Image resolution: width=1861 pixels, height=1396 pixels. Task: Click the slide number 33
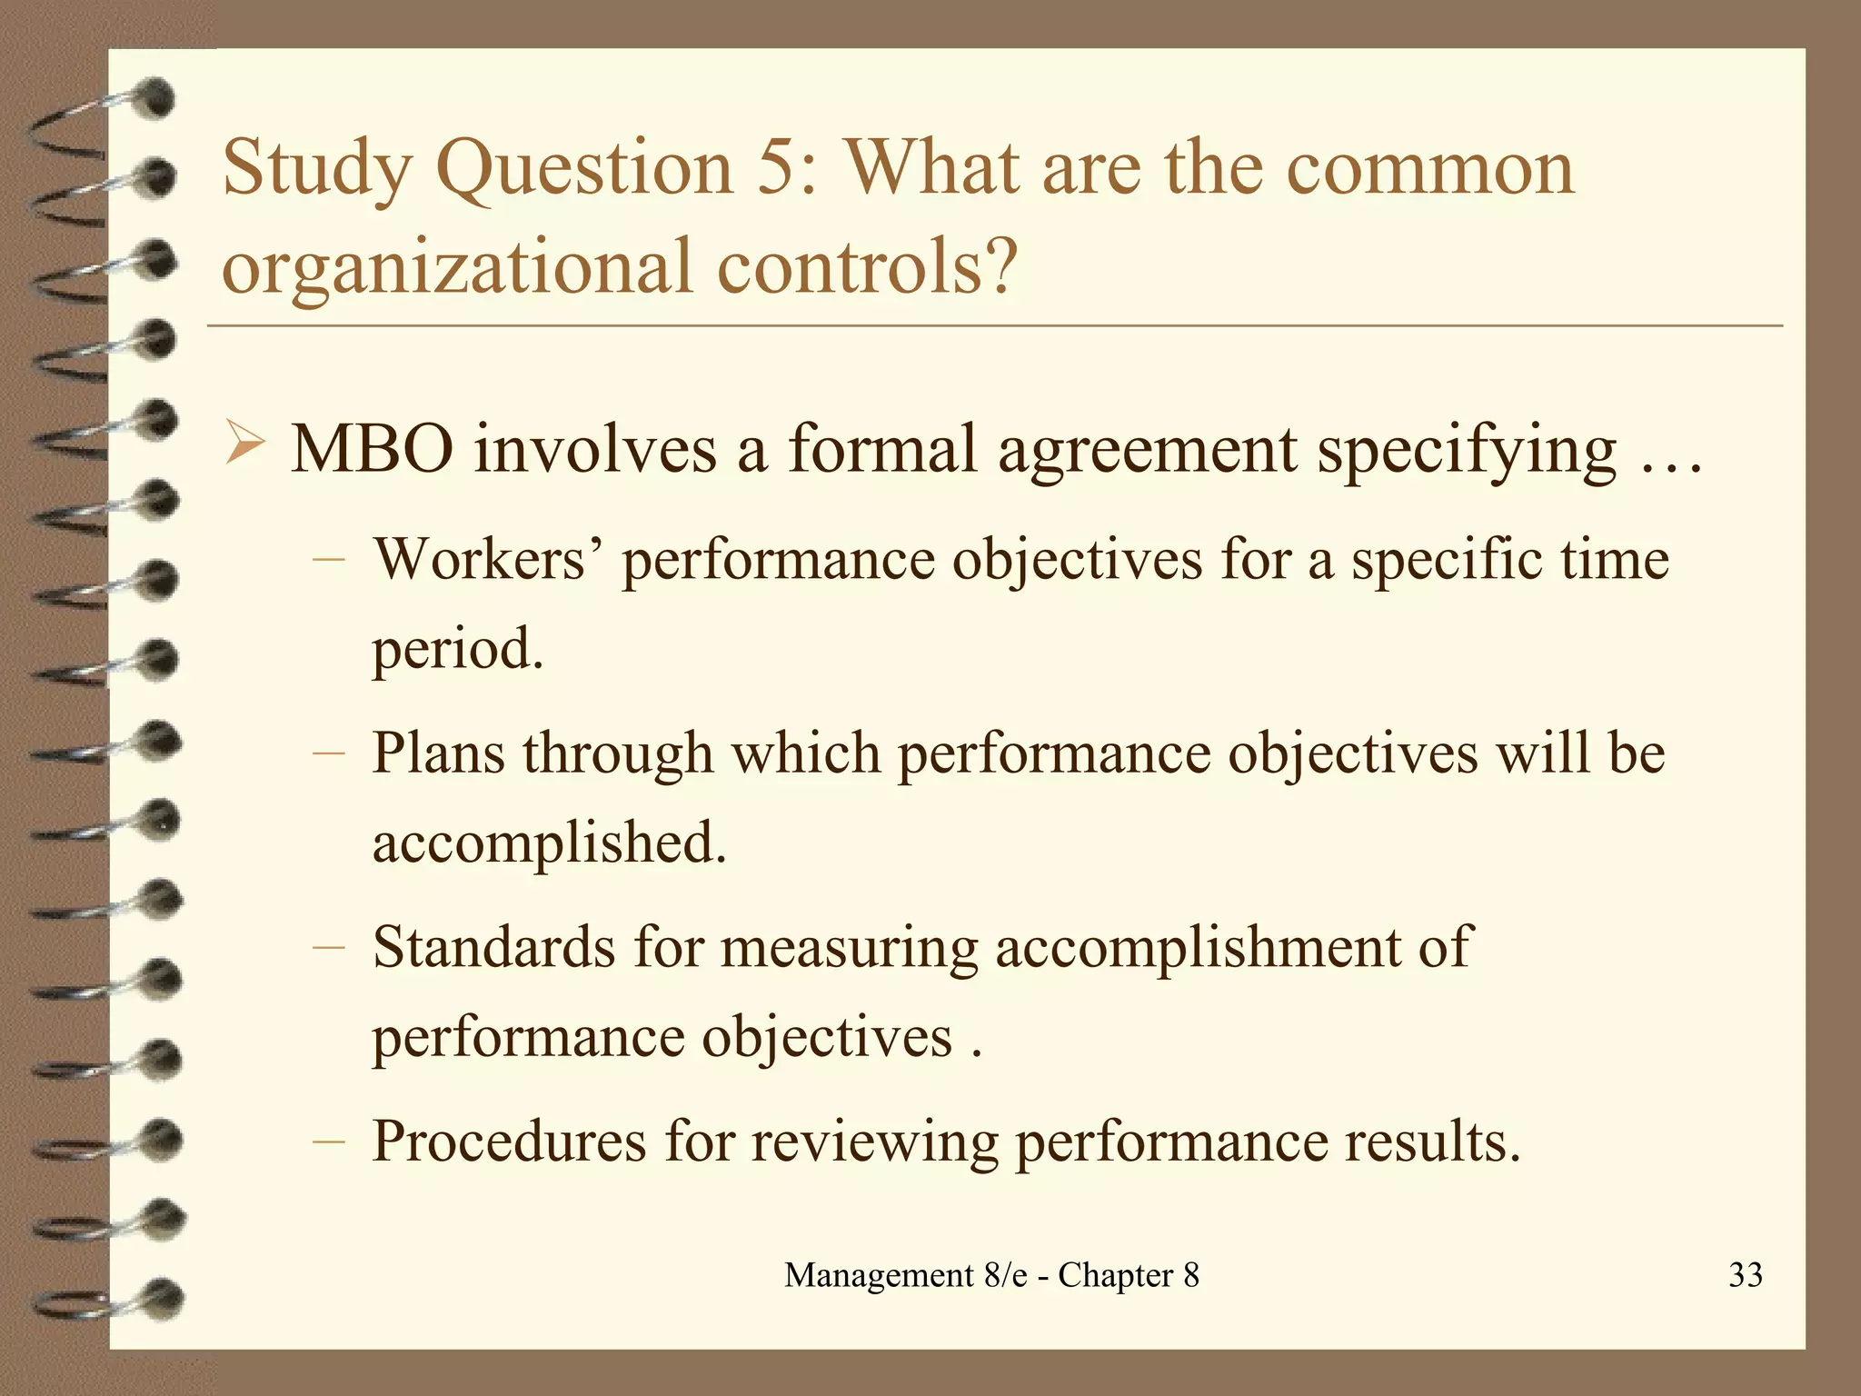tap(1745, 1275)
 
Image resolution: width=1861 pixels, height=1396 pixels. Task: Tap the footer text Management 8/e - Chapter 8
tap(991, 1275)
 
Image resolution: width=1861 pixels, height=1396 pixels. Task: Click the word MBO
tap(372, 449)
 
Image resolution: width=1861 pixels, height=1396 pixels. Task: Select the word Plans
tap(438, 753)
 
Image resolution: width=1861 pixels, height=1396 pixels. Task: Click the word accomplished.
tap(550, 843)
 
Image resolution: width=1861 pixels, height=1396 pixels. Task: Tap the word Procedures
tap(509, 1141)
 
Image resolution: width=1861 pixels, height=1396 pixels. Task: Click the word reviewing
tap(874, 1142)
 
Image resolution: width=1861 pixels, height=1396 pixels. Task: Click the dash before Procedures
tap(327, 1141)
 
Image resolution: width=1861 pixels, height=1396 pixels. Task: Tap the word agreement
tap(1147, 451)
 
